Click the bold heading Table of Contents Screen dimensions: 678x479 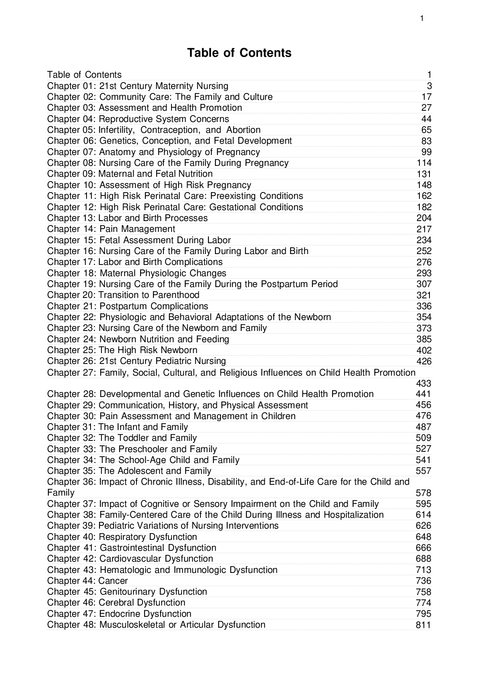click(x=239, y=53)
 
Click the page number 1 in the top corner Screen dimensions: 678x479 click(x=421, y=18)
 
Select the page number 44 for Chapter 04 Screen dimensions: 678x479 click(x=426, y=119)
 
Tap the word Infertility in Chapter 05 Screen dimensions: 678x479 click(x=117, y=130)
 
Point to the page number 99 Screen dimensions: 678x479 click(x=426, y=152)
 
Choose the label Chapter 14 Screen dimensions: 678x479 click(x=72, y=229)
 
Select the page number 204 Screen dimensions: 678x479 click(x=424, y=218)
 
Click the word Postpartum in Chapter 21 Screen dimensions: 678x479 click(x=123, y=306)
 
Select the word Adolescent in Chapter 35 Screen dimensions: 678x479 click(x=140, y=471)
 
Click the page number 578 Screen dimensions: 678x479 click(x=423, y=493)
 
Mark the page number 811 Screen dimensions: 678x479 click(x=423, y=625)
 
